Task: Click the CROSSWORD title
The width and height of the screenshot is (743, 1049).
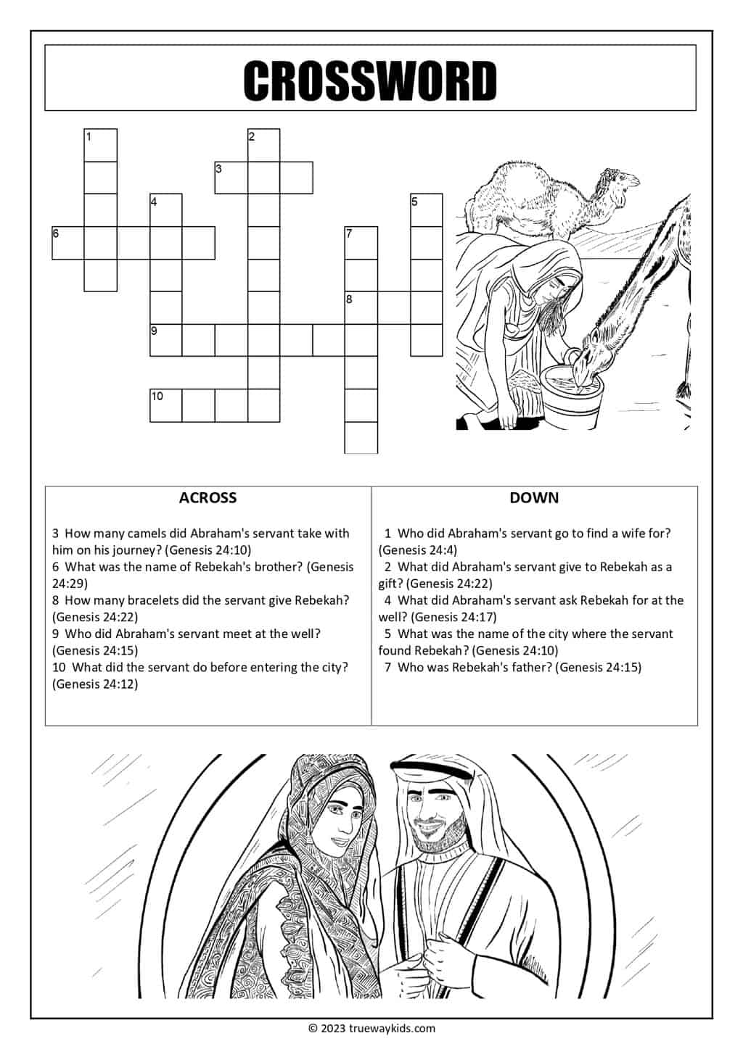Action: click(370, 80)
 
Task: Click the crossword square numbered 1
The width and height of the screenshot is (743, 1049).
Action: click(101, 145)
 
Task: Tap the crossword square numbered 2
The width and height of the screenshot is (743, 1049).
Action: click(263, 145)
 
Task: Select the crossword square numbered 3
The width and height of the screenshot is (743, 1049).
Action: click(231, 178)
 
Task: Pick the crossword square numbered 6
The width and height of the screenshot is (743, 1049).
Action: click(68, 243)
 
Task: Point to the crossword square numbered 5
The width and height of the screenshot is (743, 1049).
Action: click(427, 210)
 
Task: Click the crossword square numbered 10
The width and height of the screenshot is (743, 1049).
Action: click(165, 405)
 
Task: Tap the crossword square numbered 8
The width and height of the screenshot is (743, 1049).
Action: click(361, 307)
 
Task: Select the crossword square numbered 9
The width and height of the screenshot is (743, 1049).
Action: click(165, 340)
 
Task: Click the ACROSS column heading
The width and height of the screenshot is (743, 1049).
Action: click(208, 498)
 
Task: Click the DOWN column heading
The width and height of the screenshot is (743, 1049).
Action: click(534, 498)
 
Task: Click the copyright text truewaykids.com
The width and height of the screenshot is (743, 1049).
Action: click(371, 1028)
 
